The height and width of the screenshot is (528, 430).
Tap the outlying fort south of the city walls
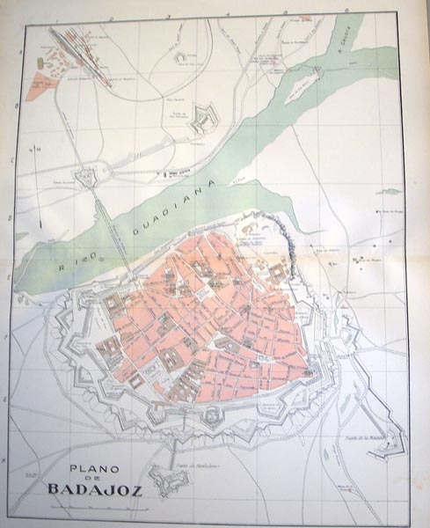[x=165, y=480]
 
